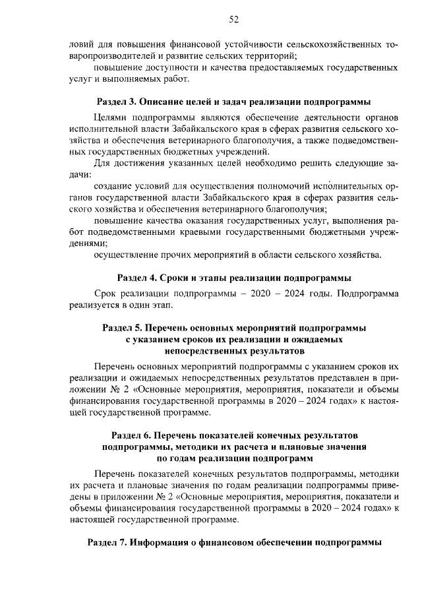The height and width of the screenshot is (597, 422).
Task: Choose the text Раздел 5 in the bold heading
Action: [x=123, y=328]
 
